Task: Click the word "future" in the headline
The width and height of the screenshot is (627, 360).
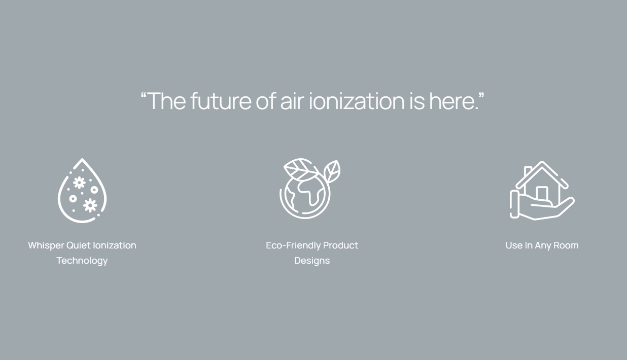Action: pos(221,101)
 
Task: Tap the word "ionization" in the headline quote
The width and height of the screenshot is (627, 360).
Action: pos(357,101)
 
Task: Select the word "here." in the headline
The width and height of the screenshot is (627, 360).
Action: pos(454,101)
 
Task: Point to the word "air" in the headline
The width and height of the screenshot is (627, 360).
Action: pos(292,101)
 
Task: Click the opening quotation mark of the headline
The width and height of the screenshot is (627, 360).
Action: pos(144,96)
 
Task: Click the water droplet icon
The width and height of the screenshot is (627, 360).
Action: pos(82,190)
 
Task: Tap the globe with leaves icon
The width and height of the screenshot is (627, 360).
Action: pos(309,189)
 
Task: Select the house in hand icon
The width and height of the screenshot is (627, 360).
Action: pos(542,191)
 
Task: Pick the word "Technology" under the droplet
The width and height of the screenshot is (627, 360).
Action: pos(82,261)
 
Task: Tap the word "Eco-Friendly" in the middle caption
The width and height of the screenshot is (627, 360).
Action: pos(293,245)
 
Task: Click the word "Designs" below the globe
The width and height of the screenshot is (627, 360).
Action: pos(312,261)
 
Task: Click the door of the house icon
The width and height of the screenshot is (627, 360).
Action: pos(542,193)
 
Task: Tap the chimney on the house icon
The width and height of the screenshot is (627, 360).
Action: pos(528,171)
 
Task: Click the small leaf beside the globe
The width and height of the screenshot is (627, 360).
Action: pos(332,171)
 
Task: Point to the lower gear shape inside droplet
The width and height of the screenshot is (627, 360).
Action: pos(90,205)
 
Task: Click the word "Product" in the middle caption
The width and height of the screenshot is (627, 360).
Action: pos(341,245)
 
